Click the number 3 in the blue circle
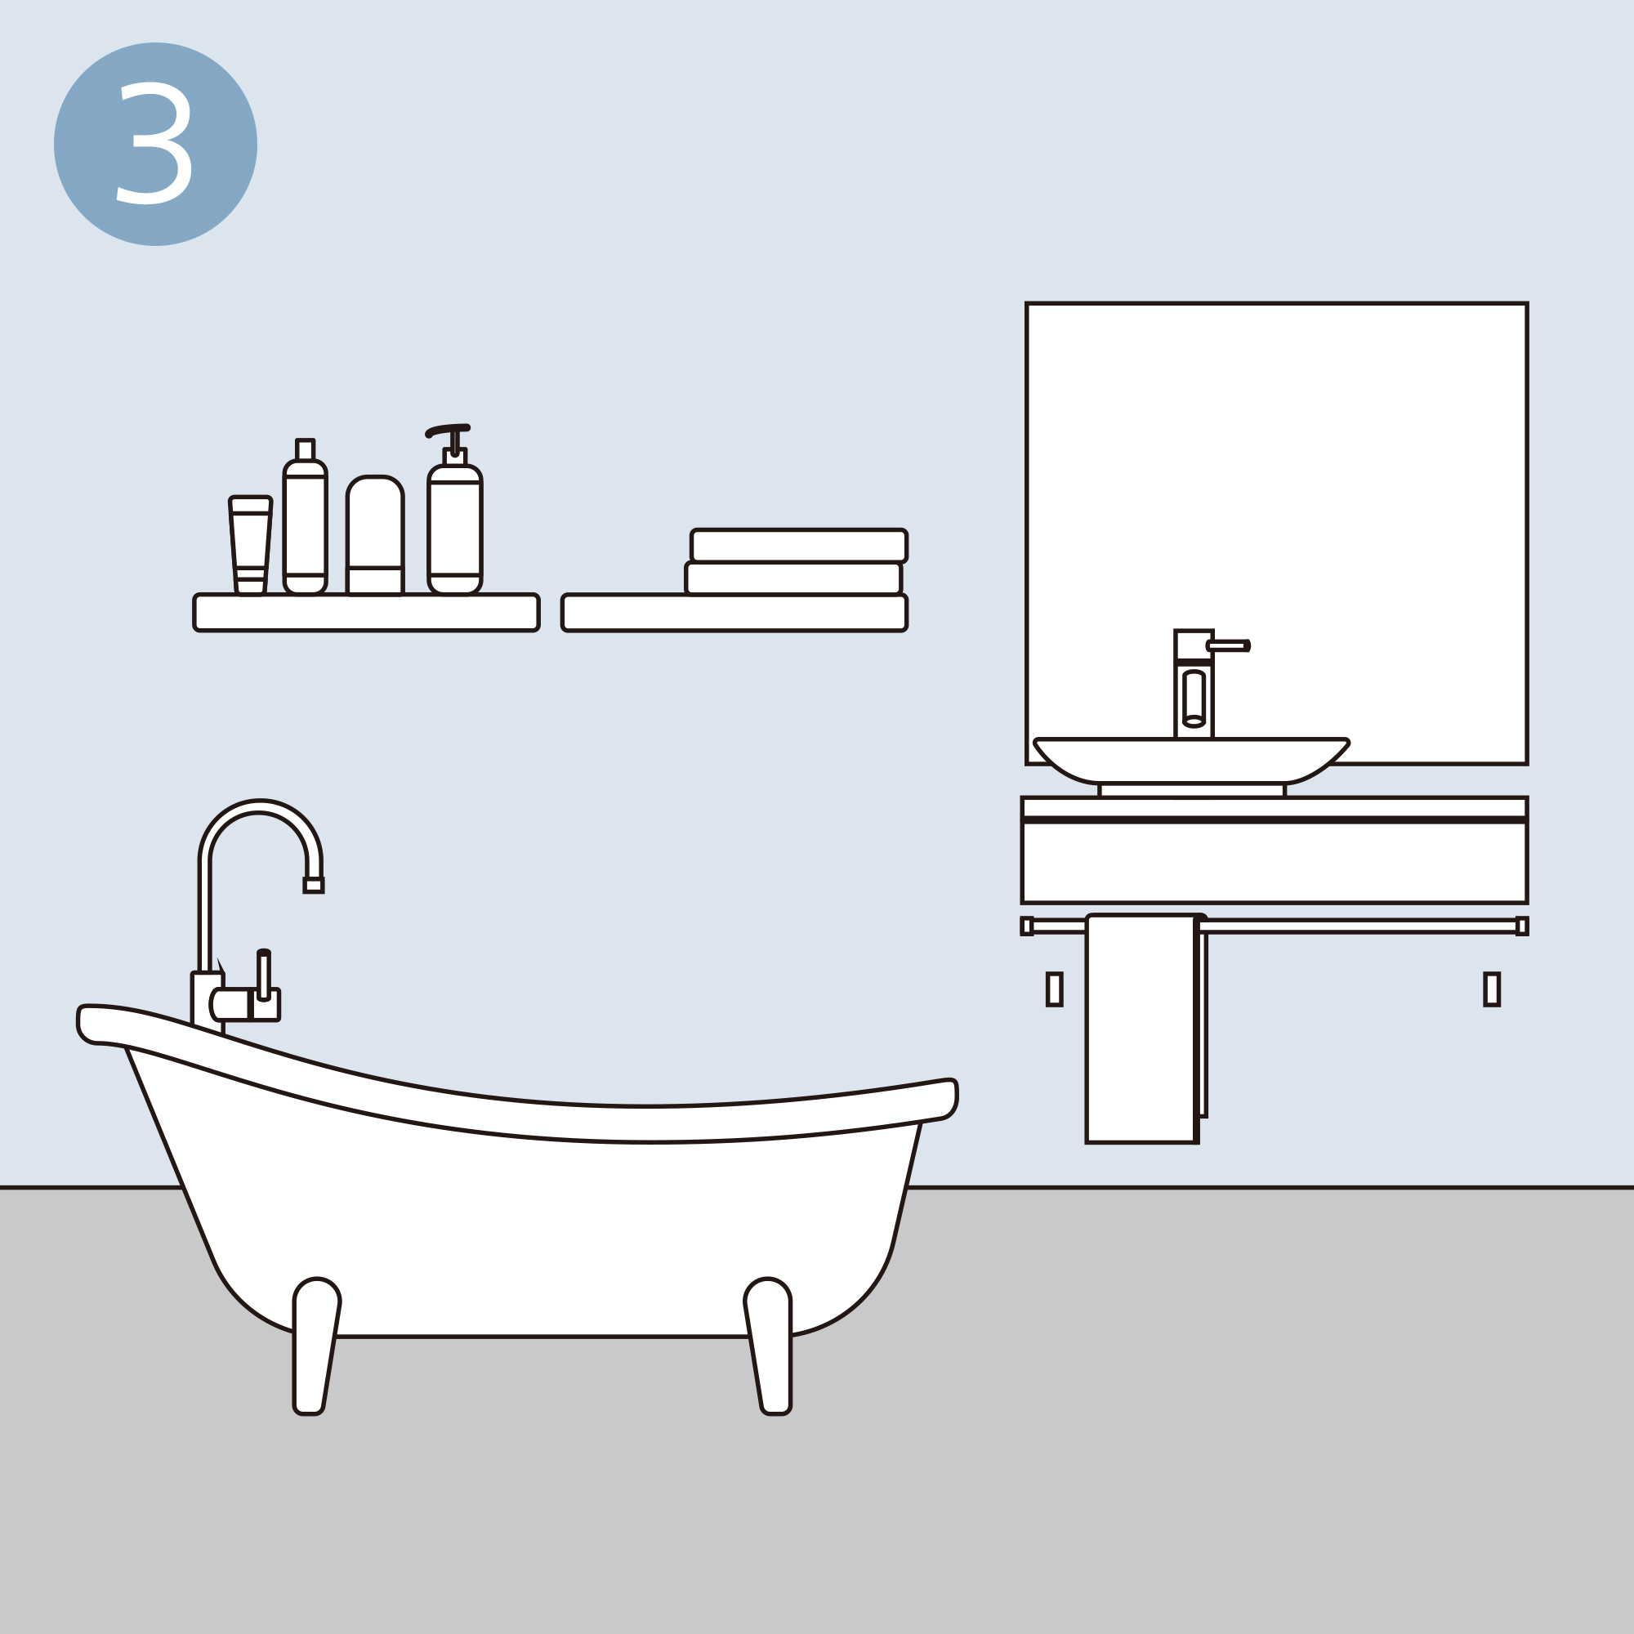pyautogui.click(x=154, y=143)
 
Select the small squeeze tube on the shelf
pyautogui.click(x=250, y=546)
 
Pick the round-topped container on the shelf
pyautogui.click(x=375, y=535)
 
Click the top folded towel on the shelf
pyautogui.click(x=799, y=546)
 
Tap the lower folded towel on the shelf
pyautogui.click(x=793, y=578)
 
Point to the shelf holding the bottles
pyautogui.click(x=366, y=612)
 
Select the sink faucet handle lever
pyautogui.click(x=1228, y=646)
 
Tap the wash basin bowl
pyautogui.click(x=1191, y=761)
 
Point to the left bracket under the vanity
pyautogui.click(x=1054, y=989)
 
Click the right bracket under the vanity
pyautogui.click(x=1492, y=989)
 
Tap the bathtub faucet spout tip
pyautogui.click(x=313, y=886)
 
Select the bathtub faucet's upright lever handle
pyautogui.click(x=264, y=976)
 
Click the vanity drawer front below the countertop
pyautogui.click(x=1275, y=863)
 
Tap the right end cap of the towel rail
pyautogui.click(x=1521, y=926)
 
